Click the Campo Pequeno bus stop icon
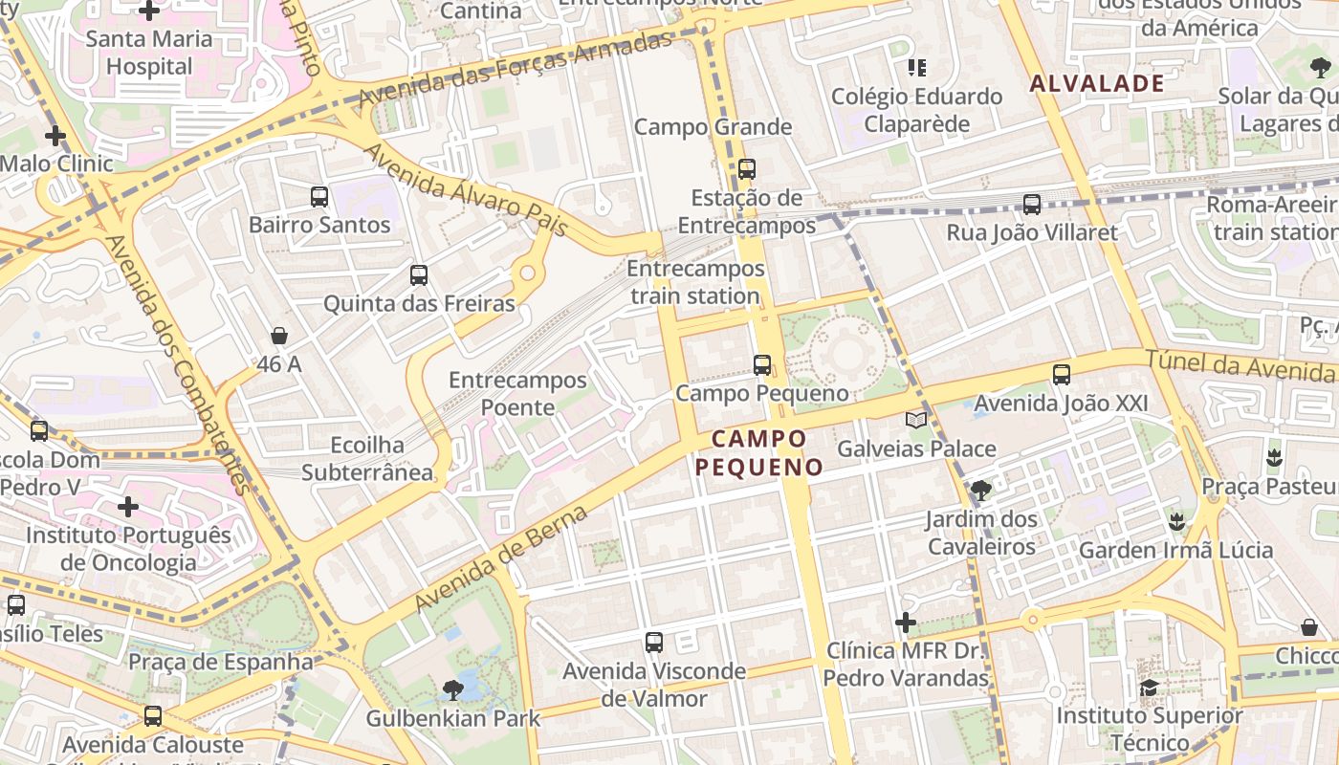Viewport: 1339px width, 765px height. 761,364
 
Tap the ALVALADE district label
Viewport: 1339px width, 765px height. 1097,83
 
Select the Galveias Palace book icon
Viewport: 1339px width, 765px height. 916,420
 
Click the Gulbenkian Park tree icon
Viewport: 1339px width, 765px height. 453,689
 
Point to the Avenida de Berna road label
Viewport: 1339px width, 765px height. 500,559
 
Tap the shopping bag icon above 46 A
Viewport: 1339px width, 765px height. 279,336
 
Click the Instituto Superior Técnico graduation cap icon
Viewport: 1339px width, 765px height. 1149,688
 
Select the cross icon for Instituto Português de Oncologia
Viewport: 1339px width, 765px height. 128,506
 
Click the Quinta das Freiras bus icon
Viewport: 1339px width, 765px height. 418,275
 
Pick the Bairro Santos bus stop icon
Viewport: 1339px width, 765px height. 319,197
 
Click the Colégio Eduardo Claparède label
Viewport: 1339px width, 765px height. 916,110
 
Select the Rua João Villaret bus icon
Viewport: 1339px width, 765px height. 1031,204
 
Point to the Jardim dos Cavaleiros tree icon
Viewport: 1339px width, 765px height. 980,491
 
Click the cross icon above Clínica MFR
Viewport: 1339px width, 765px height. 905,623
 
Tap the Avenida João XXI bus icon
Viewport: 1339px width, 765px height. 1061,375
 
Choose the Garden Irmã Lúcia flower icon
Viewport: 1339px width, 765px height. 1176,522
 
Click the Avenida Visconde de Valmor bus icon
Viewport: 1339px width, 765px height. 653,643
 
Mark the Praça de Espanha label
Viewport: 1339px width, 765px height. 221,662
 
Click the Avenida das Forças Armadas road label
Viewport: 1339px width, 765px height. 516,69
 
